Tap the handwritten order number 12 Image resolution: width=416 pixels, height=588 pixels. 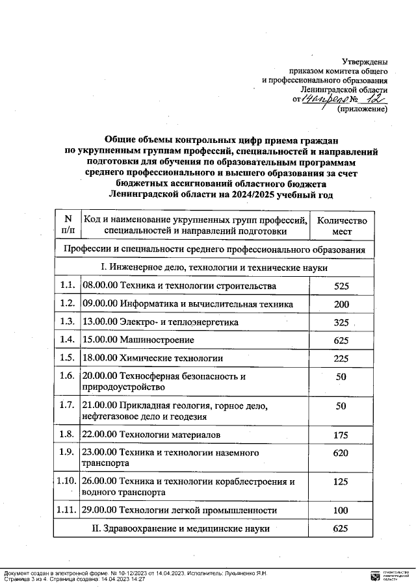click(x=374, y=99)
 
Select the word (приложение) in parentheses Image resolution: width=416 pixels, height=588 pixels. click(x=361, y=110)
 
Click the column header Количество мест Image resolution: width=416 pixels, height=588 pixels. click(x=341, y=225)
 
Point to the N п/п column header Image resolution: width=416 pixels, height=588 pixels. click(x=68, y=225)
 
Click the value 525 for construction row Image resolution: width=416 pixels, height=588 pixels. click(x=341, y=286)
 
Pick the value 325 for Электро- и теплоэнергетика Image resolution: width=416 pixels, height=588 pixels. click(x=341, y=322)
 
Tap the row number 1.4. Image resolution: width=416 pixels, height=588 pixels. click(x=67, y=340)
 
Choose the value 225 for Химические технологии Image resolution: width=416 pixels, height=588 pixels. click(x=341, y=358)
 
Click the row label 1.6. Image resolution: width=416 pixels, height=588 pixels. click(x=67, y=376)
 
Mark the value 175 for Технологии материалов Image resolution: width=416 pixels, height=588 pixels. click(x=341, y=434)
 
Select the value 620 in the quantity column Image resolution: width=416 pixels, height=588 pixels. click(x=341, y=453)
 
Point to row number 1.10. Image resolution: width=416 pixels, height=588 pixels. click(x=67, y=482)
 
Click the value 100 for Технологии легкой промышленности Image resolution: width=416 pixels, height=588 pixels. click(x=341, y=511)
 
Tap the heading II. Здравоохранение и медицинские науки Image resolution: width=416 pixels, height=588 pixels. click(x=183, y=529)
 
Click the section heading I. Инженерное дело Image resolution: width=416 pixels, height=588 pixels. click(x=214, y=268)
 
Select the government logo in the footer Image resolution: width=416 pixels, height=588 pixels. click(x=373, y=575)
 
